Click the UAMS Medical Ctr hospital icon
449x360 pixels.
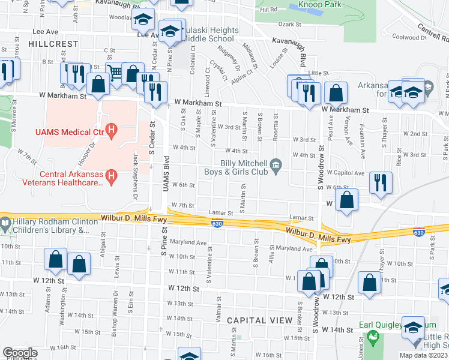[110, 129]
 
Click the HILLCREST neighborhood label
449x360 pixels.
[53, 44]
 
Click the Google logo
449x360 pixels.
[20, 353]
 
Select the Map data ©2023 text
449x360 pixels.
[423, 355]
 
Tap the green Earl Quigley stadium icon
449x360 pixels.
[372, 337]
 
